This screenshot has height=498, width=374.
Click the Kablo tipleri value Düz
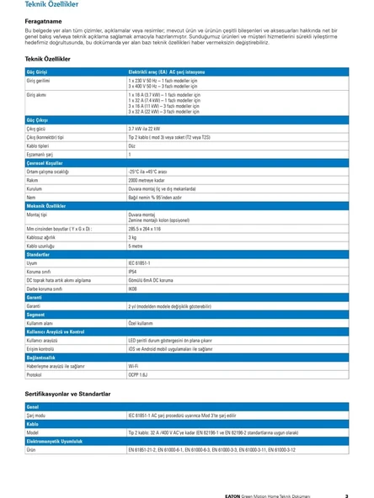131,145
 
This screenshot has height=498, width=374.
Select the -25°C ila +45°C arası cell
148,171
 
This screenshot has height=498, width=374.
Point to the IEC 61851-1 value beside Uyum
141,262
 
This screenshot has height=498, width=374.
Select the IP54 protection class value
133,271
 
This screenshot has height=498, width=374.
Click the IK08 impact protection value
133,289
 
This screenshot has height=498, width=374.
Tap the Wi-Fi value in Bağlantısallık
134,366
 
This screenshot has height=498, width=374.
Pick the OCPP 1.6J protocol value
139,375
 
